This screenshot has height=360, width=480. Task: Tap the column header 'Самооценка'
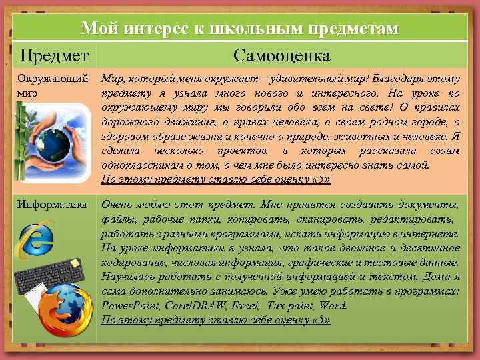coord(280,55)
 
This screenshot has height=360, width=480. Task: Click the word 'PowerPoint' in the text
coord(128,306)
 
